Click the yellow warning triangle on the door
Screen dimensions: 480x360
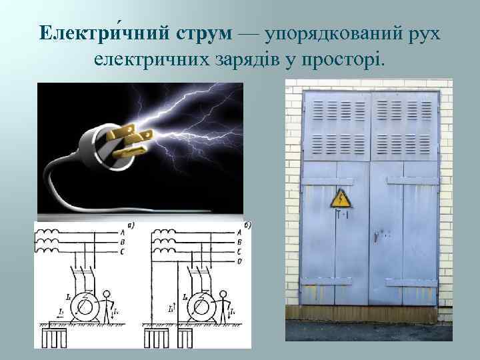(341, 198)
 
